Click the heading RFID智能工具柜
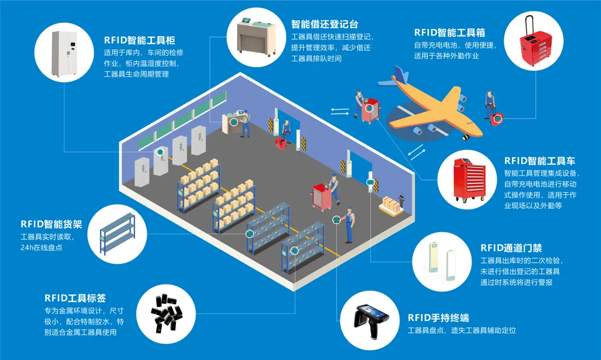[139, 40]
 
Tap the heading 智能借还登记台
[324, 24]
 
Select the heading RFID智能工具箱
[450, 33]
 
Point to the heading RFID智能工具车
[540, 161]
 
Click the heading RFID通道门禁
[511, 247]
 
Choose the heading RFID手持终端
[439, 317]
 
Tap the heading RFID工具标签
[75, 298]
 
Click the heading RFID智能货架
[51, 224]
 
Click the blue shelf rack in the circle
[117, 234]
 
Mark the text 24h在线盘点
[42, 247]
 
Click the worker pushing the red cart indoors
[333, 188]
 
